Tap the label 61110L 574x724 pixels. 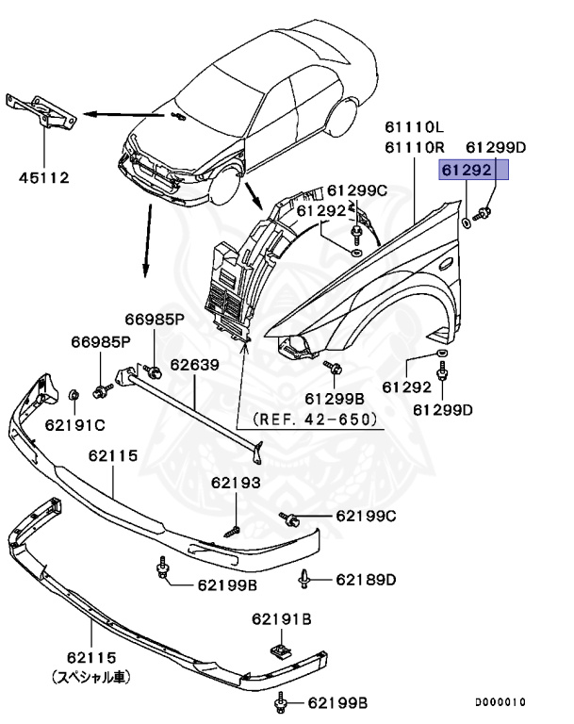414,126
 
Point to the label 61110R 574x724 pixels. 414,146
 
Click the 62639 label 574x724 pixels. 195,362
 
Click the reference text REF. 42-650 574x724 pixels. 315,418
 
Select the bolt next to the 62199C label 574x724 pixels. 290,517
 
